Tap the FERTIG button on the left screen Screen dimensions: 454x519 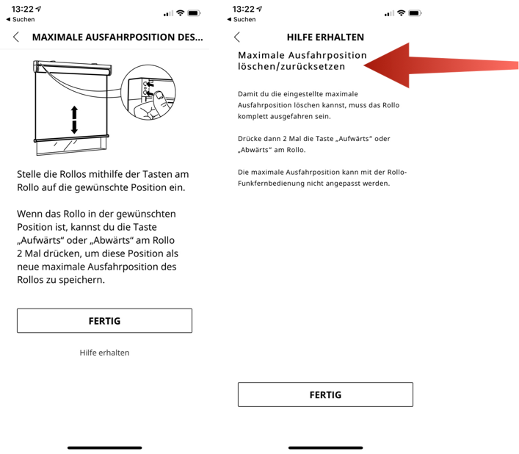[104, 321]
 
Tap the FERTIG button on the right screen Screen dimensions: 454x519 [325, 394]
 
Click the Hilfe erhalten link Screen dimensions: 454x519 [104, 353]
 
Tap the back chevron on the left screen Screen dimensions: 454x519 [17, 37]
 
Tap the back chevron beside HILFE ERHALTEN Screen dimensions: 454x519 [237, 37]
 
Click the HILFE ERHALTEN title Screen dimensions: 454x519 [325, 37]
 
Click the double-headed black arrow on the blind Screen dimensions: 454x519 [74, 120]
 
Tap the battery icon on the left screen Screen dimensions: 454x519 [194, 13]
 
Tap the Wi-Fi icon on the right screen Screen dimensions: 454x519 [401, 13]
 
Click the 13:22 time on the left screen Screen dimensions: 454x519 [22, 9]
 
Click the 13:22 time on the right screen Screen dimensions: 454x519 [243, 9]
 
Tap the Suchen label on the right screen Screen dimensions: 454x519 [244, 20]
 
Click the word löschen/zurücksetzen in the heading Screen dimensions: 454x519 [291, 66]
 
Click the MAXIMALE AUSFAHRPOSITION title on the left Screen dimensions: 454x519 [117, 37]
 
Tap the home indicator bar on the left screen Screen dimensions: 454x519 [104, 447]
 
